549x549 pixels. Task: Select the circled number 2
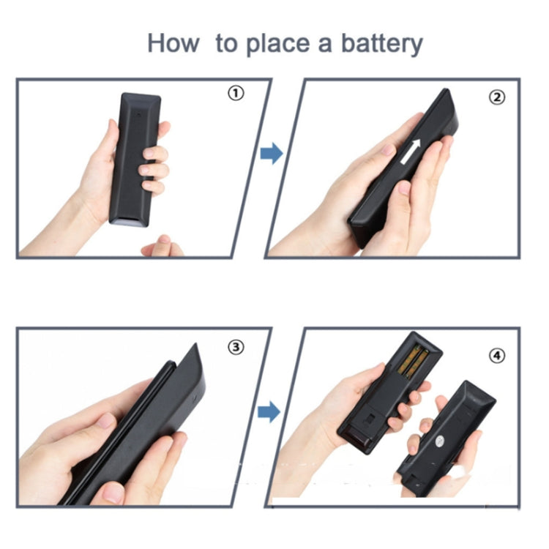click(x=496, y=97)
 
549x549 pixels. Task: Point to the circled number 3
click(x=236, y=348)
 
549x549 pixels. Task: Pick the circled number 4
click(x=497, y=356)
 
